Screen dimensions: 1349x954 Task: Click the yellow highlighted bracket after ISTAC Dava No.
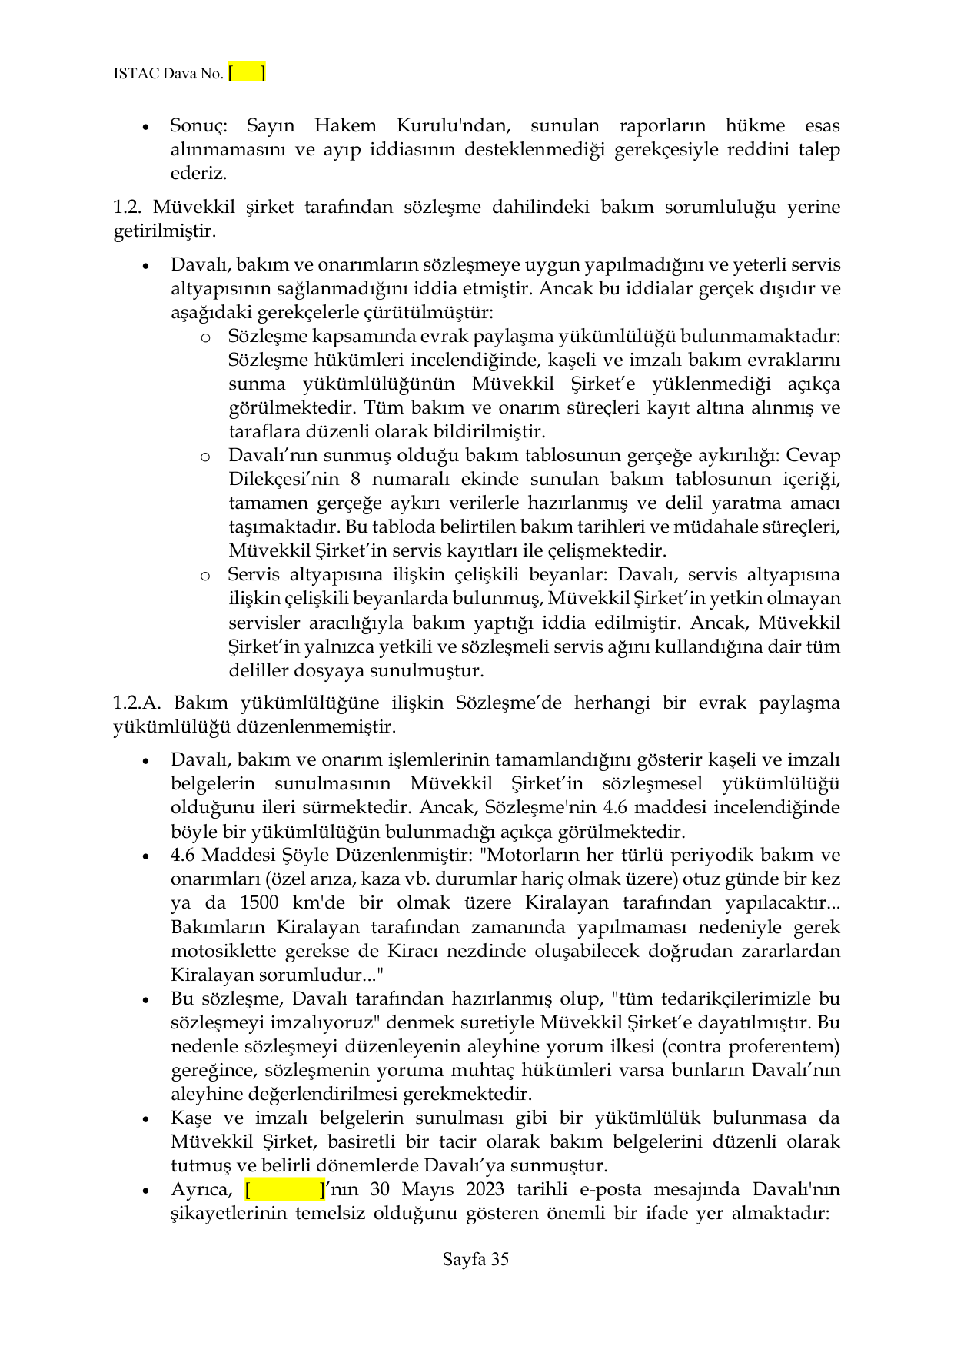(247, 73)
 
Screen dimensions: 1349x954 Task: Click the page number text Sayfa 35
(475, 1259)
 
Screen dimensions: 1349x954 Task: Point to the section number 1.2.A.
(138, 703)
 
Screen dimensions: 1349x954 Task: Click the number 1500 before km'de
(259, 902)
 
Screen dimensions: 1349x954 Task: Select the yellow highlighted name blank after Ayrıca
(285, 1189)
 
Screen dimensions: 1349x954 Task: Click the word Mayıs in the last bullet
(427, 1189)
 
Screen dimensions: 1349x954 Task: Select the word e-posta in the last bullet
(610, 1189)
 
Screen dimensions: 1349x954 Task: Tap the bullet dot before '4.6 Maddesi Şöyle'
(145, 856)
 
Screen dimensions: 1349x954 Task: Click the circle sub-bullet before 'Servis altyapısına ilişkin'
(205, 576)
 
